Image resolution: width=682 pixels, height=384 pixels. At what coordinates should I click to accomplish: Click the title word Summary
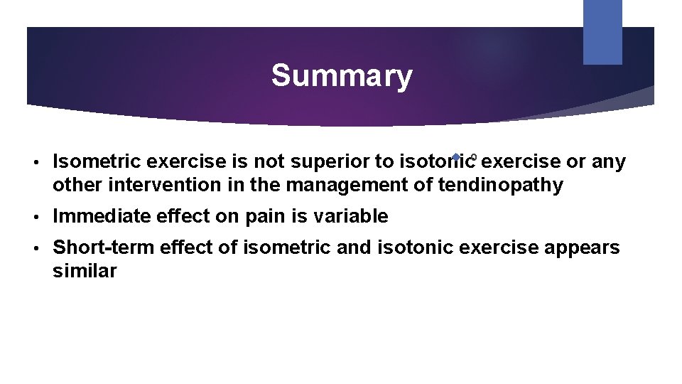(x=341, y=75)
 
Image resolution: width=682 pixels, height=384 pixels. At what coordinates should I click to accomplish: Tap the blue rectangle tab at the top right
(x=602, y=32)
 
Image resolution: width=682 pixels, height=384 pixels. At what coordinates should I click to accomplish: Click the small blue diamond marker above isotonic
(x=455, y=156)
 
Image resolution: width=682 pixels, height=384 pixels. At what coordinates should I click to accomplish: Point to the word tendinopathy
(x=500, y=186)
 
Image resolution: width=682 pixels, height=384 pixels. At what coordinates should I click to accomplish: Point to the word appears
(x=580, y=248)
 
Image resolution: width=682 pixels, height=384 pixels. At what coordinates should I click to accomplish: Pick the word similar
(x=85, y=271)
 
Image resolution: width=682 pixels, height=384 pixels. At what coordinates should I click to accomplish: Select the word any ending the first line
(x=609, y=162)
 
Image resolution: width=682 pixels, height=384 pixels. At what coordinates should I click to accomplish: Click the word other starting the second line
(x=77, y=186)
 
